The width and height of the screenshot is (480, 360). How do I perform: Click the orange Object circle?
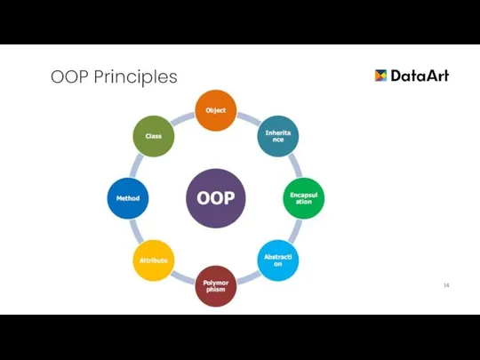pyautogui.click(x=216, y=110)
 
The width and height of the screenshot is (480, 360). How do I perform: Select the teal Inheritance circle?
pyautogui.click(x=278, y=136)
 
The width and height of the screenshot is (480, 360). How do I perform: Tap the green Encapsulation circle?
pyautogui.click(x=304, y=197)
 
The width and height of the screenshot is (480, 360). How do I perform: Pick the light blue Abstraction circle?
pyautogui.click(x=278, y=260)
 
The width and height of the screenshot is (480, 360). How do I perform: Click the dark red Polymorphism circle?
pyautogui.click(x=216, y=285)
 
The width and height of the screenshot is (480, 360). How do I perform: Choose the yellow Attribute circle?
pyautogui.click(x=154, y=260)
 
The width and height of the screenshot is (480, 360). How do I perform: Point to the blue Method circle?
pyautogui.click(x=128, y=197)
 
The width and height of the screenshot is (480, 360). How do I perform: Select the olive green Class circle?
pyautogui.click(x=154, y=136)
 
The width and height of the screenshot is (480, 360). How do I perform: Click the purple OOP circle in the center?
pyautogui.click(x=216, y=197)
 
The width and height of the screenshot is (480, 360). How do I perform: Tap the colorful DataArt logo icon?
pyautogui.click(x=380, y=76)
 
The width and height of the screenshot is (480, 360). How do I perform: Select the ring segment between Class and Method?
pyautogui.click(x=136, y=165)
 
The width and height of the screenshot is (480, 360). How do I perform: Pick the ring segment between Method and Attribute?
pyautogui.click(x=136, y=231)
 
